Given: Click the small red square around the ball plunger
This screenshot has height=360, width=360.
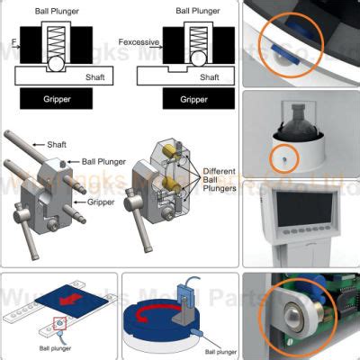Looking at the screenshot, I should tap(59, 322).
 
